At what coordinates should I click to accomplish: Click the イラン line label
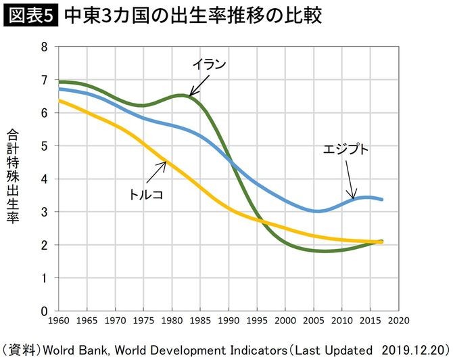tap(209, 64)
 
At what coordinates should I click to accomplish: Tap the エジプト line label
tap(345, 149)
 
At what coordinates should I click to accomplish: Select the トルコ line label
tap(146, 195)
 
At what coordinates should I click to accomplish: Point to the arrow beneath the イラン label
tap(199, 85)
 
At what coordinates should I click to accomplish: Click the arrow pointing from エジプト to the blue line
tap(350, 180)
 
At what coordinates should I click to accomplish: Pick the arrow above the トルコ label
tap(157, 172)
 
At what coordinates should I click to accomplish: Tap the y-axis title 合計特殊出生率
tap(13, 176)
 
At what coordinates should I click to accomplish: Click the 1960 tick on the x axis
tap(58, 321)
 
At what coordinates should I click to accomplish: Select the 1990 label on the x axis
tap(229, 321)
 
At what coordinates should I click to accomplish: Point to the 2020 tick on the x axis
tap(399, 321)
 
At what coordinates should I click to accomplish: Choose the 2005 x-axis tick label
tap(314, 321)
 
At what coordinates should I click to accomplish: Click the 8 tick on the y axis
tap(44, 47)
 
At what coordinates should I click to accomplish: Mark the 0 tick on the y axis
tap(44, 311)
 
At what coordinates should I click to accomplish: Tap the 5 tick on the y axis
tap(44, 146)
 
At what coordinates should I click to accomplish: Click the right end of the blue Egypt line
tap(381, 199)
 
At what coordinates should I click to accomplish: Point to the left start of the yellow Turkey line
tap(59, 101)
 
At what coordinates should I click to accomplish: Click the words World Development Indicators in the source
tap(201, 350)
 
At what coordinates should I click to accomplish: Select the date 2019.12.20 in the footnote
tap(414, 350)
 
